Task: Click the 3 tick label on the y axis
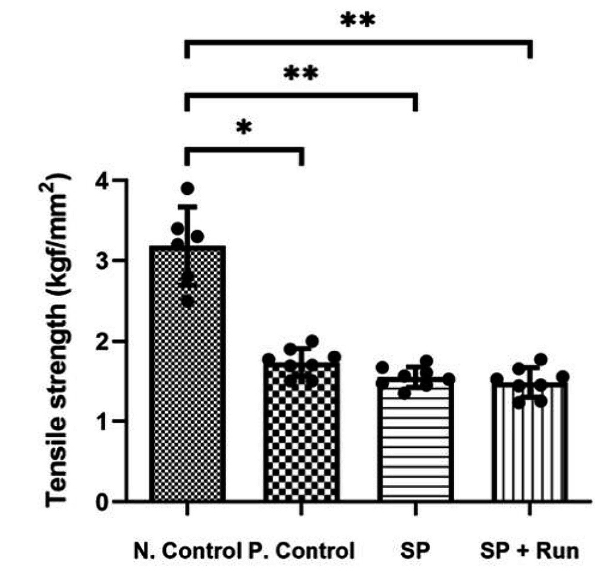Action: (101, 261)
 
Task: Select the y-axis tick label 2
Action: (101, 341)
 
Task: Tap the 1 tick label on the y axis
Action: (101, 421)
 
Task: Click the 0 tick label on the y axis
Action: (101, 502)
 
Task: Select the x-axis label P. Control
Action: (301, 550)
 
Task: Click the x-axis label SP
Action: (414, 550)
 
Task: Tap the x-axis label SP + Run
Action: (529, 550)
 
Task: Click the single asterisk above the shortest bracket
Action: (244, 128)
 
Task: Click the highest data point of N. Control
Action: (188, 188)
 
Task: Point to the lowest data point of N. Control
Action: (188, 301)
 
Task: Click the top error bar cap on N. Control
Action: (188, 207)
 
